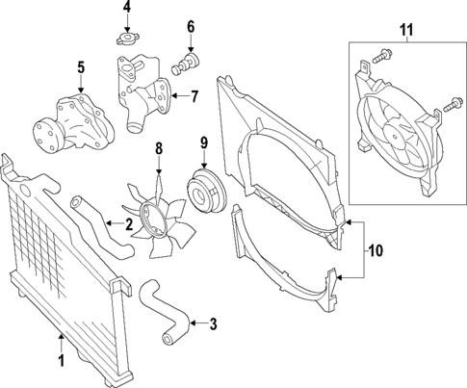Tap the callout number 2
coord(128,224)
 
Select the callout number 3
coord(211,323)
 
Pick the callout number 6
coord(191,26)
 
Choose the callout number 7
coord(194,95)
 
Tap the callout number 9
coord(204,144)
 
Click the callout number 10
coord(376,250)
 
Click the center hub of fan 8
coord(154,218)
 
